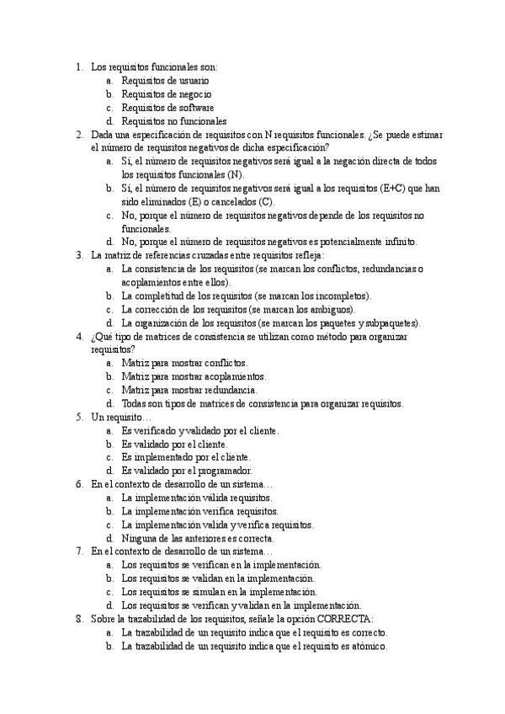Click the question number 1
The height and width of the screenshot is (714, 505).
(x=78, y=67)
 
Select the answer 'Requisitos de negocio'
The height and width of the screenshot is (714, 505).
(x=166, y=94)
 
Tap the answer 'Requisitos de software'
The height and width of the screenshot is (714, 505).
(x=167, y=108)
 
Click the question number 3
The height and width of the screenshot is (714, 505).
(x=78, y=255)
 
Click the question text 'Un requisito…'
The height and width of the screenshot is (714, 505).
(x=121, y=417)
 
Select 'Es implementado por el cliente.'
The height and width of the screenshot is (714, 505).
(x=185, y=457)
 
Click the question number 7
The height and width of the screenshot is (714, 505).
(x=78, y=551)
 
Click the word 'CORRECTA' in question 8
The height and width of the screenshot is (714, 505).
(x=342, y=619)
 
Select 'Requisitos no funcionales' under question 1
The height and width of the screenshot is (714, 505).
(x=173, y=121)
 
